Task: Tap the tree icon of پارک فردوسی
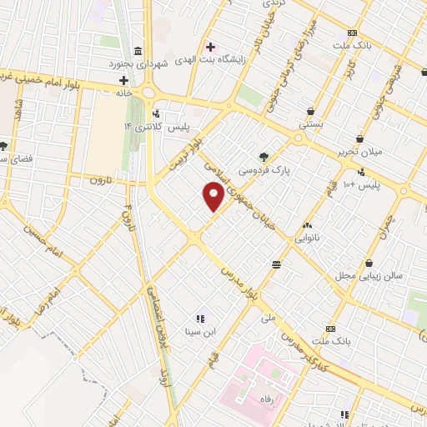(264, 156)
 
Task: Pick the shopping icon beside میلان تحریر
(359, 138)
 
